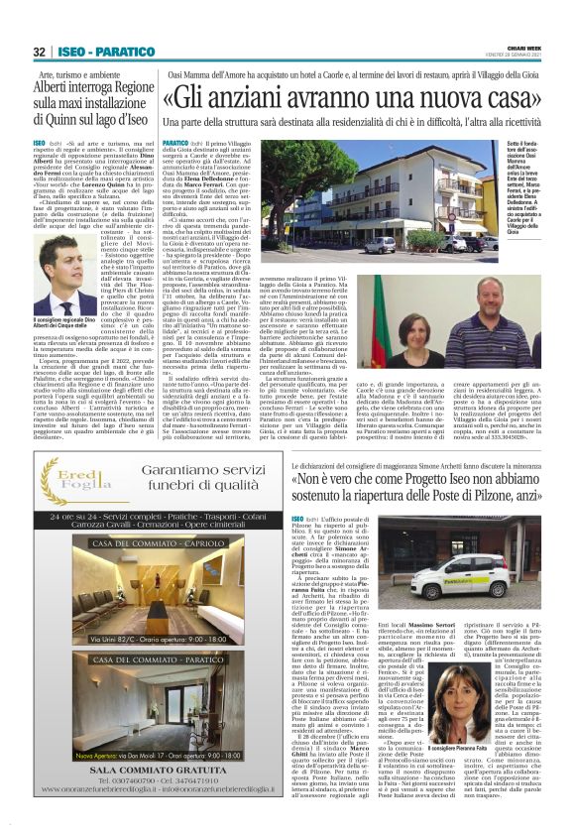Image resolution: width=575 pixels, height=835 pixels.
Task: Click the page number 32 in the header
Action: (x=40, y=52)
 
